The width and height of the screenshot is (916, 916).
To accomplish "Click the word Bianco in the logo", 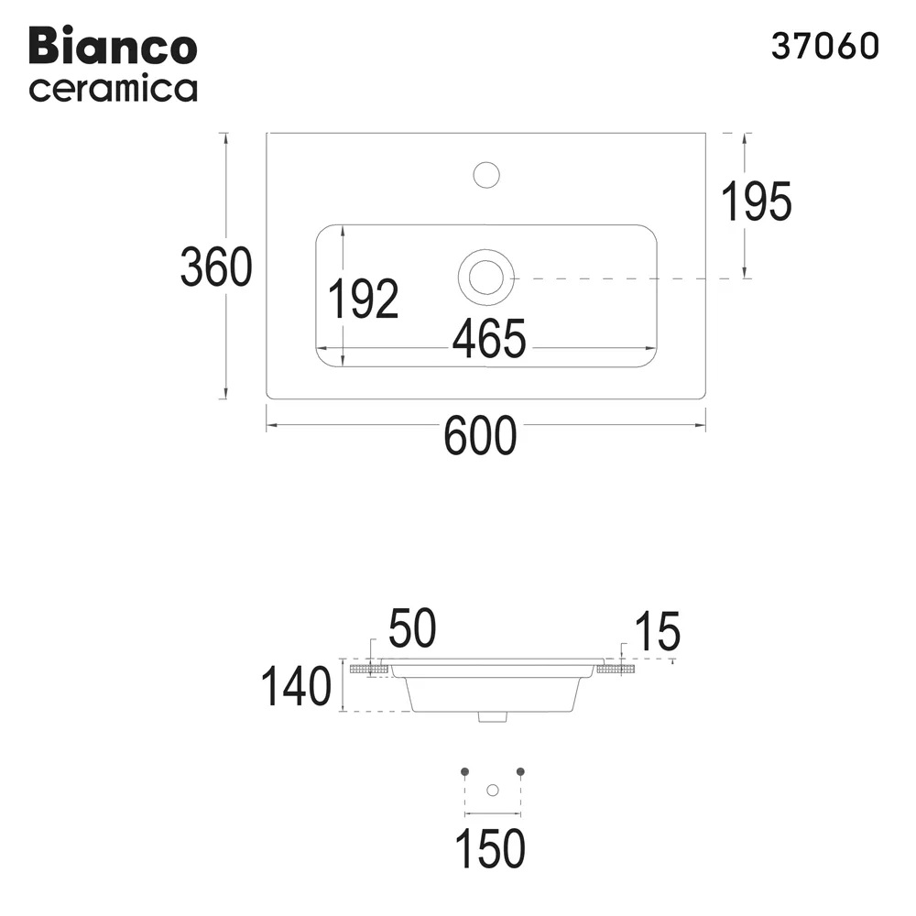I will click(x=113, y=46).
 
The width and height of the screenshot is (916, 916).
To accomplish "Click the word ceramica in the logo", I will click(x=113, y=90).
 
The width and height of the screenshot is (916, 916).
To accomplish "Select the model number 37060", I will click(x=824, y=47).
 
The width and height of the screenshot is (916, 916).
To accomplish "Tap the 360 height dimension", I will click(x=215, y=267).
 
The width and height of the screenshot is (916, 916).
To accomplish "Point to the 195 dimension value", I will click(x=756, y=202).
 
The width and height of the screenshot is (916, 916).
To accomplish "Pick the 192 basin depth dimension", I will click(x=363, y=299).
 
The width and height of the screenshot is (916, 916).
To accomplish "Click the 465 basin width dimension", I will click(x=488, y=339).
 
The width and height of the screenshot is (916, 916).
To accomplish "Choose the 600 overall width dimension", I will click(x=480, y=436).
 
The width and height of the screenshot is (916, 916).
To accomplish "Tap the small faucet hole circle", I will click(x=485, y=174).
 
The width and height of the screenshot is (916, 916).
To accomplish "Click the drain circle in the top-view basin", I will click(x=485, y=277).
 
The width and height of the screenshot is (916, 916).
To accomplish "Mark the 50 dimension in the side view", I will click(x=411, y=629).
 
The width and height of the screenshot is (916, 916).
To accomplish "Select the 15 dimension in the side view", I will click(x=656, y=631).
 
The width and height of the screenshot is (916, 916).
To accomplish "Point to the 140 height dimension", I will click(x=295, y=687).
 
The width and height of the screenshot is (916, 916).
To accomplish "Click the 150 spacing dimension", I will click(x=491, y=848).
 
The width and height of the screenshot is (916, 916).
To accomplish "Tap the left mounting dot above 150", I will click(x=464, y=770).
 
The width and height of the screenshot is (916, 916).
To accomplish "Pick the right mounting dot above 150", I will click(x=520, y=770).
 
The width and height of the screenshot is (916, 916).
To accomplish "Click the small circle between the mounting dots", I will click(x=493, y=790).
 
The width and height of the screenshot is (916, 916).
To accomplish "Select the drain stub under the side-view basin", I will click(x=492, y=717).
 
